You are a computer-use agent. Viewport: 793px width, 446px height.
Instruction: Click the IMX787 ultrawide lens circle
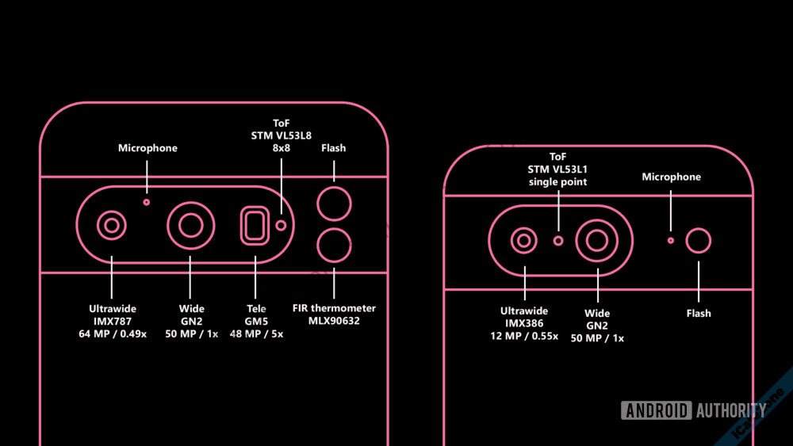click(112, 226)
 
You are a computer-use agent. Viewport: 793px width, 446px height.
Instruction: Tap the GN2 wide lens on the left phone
click(190, 226)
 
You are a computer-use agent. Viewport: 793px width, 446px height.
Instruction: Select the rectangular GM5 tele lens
click(255, 226)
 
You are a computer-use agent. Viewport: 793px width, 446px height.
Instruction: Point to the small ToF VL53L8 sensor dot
click(282, 226)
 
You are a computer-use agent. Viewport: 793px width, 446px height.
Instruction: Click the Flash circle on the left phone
click(334, 204)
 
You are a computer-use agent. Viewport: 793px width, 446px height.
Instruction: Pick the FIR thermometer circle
click(334, 246)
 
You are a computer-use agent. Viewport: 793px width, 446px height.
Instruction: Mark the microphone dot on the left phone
click(147, 202)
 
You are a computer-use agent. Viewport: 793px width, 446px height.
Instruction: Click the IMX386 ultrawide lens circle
click(523, 239)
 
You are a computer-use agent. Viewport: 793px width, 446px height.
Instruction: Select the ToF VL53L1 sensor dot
click(558, 239)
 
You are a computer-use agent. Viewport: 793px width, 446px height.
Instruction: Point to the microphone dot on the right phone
click(671, 239)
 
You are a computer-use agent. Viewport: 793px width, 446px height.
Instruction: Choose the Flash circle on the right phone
click(699, 240)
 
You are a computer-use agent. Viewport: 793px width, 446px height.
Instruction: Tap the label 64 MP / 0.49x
click(112, 334)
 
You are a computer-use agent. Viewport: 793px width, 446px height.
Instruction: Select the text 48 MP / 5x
click(255, 334)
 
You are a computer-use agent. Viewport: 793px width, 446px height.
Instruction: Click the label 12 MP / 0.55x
click(524, 337)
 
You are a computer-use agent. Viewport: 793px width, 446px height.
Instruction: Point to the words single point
click(558, 182)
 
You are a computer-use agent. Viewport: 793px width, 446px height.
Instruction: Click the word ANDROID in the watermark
click(657, 410)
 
